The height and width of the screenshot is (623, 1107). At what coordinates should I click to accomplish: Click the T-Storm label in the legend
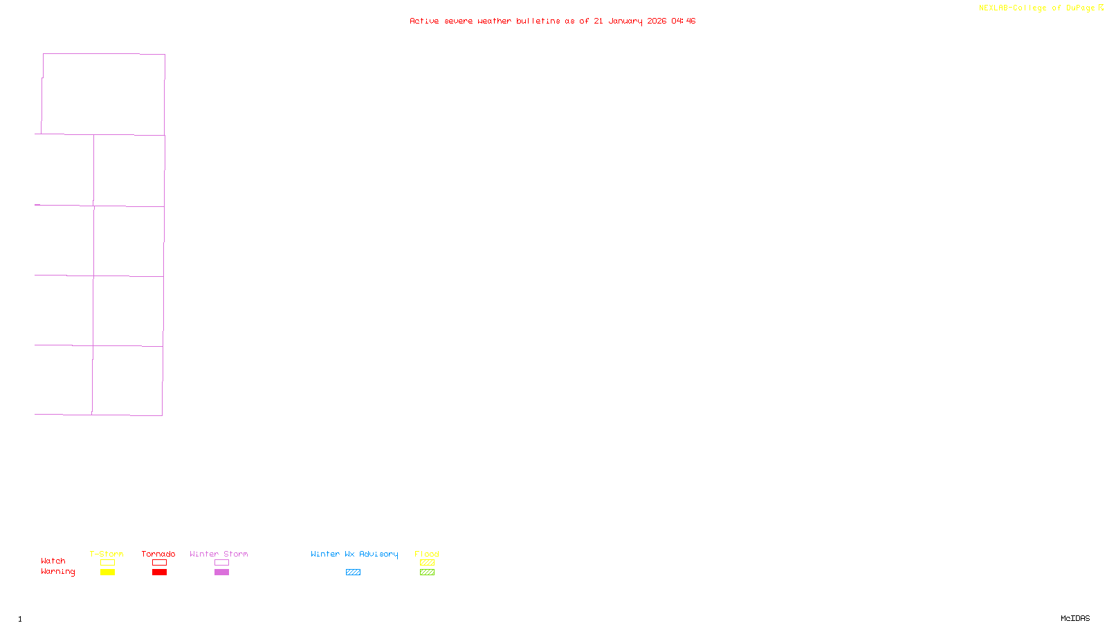(x=107, y=554)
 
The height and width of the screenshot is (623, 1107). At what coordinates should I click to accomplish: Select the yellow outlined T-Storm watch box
(x=107, y=563)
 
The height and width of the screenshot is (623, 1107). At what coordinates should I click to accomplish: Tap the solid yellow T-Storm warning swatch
(x=107, y=572)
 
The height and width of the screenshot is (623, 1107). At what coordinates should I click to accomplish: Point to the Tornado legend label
(x=158, y=554)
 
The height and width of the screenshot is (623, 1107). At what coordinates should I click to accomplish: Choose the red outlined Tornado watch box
(x=159, y=563)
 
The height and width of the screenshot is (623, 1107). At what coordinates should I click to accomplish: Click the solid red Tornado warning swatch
(x=159, y=572)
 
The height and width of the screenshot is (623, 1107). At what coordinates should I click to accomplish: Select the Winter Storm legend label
(x=219, y=554)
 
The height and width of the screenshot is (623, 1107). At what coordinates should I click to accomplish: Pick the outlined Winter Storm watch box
(x=221, y=563)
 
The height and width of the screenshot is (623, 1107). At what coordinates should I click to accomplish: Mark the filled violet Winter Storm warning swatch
(x=221, y=572)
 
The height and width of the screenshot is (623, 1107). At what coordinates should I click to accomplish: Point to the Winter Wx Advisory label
(x=354, y=554)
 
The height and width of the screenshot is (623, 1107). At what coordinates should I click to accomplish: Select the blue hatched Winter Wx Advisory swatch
(x=353, y=572)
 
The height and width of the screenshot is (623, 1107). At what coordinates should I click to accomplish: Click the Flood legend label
(x=427, y=554)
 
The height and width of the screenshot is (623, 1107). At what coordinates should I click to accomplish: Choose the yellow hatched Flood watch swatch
(x=427, y=563)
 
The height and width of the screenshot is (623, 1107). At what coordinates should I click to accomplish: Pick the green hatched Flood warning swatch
(x=427, y=572)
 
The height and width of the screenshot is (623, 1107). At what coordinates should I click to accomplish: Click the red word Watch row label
(x=53, y=561)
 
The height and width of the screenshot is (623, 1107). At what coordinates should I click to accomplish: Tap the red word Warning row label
(x=57, y=572)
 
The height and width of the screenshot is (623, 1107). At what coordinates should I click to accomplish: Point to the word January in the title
(x=625, y=21)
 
